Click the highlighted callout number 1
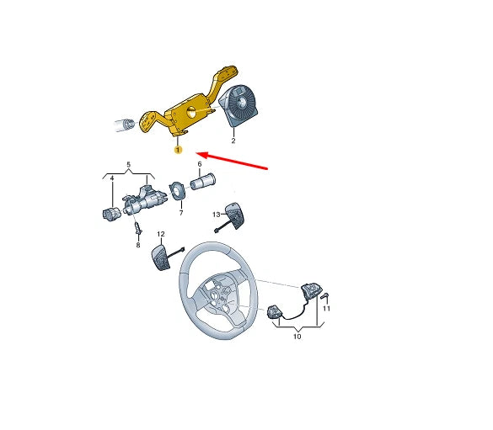pos(178,151)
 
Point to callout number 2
pos(233,142)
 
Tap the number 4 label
pos(111,179)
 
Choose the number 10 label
pos(296,336)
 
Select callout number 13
pos(215,215)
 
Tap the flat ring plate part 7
pos(179,190)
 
